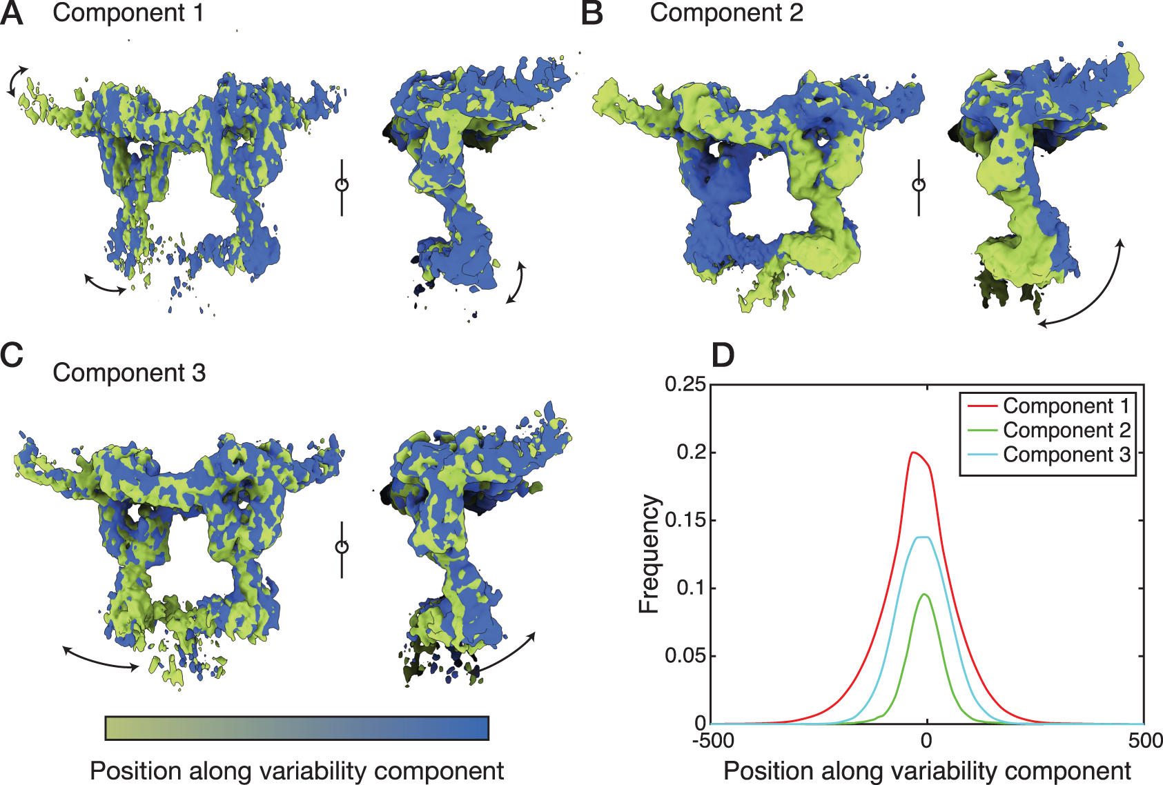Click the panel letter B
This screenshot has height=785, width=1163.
coord(592,14)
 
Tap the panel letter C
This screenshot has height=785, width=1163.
coord(12,355)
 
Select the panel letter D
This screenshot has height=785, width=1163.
coord(723,355)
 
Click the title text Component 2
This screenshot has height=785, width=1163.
coord(726,13)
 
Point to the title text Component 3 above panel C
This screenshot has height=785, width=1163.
coord(129,373)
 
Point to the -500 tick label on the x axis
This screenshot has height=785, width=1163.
coord(712,741)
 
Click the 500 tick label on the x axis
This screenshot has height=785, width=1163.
coord(1145,741)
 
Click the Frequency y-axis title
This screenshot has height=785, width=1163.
coord(649,554)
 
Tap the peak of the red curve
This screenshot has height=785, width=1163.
coord(913,453)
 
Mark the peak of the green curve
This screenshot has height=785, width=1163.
coord(924,594)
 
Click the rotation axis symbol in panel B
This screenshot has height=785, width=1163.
coord(919,185)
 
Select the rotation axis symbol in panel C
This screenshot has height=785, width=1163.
coord(342,547)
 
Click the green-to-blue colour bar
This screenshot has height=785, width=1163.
coord(297,728)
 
